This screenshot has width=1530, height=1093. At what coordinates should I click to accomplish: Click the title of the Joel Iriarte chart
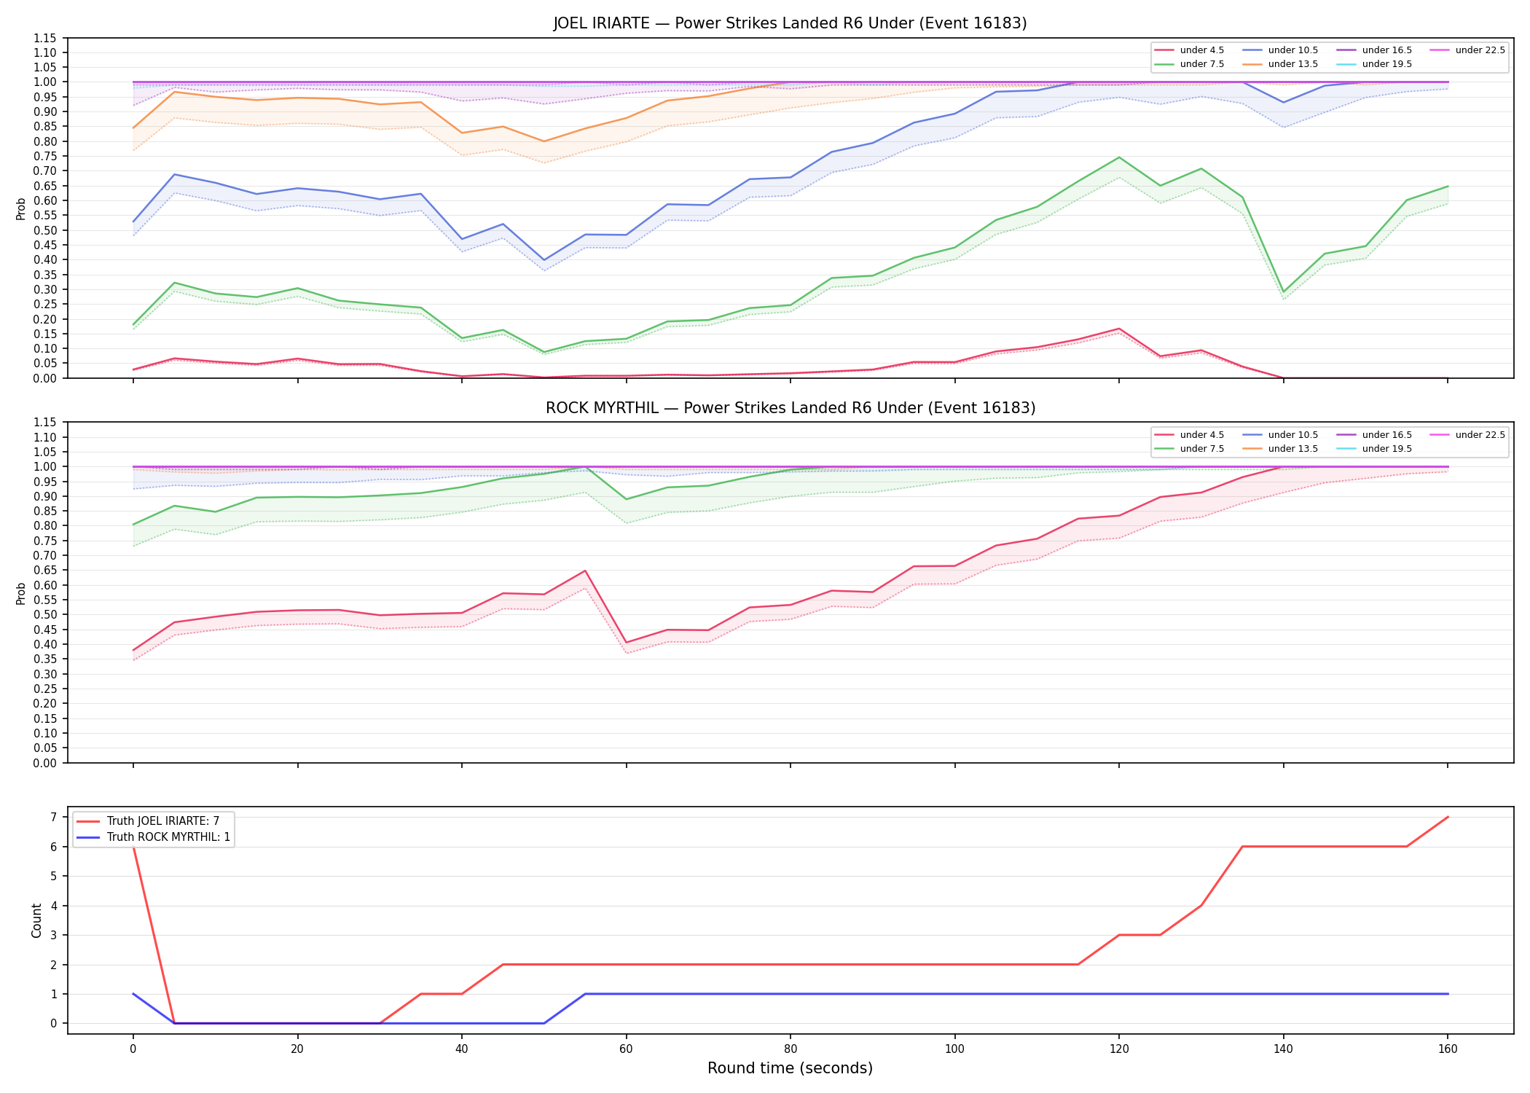(790, 23)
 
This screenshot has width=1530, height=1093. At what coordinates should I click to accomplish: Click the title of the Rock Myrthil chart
(790, 408)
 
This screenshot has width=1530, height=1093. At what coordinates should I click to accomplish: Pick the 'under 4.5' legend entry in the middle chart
(1190, 435)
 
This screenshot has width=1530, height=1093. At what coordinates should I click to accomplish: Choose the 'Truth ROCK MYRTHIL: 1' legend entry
(153, 837)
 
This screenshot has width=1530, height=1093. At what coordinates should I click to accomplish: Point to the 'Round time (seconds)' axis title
(790, 1068)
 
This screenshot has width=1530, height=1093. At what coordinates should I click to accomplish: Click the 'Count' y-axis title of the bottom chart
(36, 920)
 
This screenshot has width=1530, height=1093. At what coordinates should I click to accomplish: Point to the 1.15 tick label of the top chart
(44, 38)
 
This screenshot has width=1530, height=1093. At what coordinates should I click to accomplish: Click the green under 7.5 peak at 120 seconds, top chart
(1118, 157)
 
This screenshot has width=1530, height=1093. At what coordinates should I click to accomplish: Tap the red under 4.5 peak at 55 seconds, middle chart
(584, 571)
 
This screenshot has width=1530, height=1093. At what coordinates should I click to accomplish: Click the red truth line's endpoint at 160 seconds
(1448, 817)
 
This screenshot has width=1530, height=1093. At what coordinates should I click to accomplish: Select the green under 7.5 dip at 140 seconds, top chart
(1283, 292)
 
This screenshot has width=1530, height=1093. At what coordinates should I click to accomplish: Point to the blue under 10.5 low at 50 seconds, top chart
(544, 260)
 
